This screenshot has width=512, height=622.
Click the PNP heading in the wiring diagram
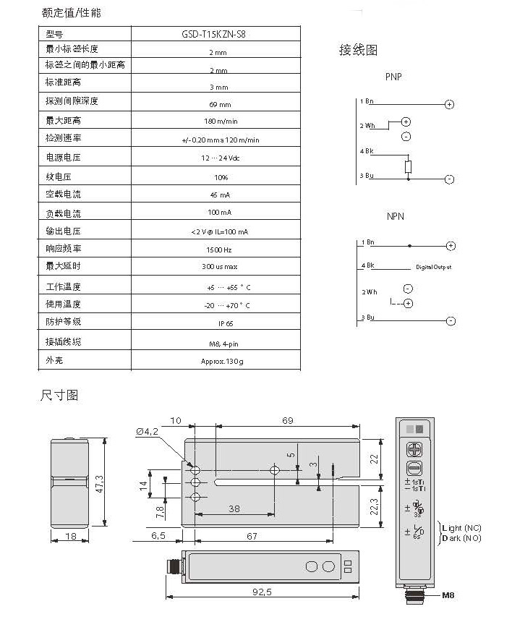pos(394,77)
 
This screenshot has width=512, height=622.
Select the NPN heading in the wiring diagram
pos(395,216)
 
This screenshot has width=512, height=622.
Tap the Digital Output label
pos(433,267)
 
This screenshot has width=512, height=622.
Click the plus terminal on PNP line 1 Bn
pos(449,105)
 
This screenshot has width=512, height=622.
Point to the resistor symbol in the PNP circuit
pos(409,167)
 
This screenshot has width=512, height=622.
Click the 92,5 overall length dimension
pos(262,592)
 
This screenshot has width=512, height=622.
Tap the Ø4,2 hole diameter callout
pos(146,432)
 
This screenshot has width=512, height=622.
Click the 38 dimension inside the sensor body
pos(234,509)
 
